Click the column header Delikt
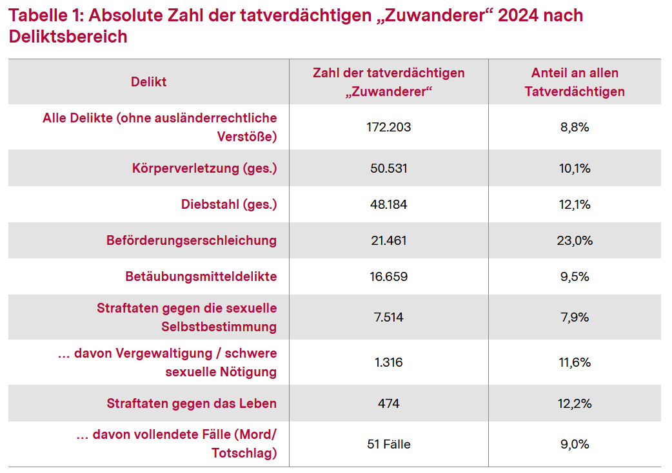tap(148, 82)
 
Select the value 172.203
tap(388, 127)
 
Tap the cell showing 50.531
tap(388, 168)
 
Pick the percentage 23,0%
tap(575, 240)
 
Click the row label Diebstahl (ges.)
tap(228, 204)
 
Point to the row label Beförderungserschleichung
tap(192, 240)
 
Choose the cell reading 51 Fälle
tap(388, 444)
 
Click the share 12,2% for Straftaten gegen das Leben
tap(575, 403)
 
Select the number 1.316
tap(388, 362)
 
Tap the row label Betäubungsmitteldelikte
tap(201, 276)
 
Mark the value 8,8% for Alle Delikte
tap(575, 127)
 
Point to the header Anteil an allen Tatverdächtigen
tap(575, 82)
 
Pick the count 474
tap(388, 403)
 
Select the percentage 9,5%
tap(575, 276)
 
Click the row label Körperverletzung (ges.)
tap(204, 168)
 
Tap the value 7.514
tap(388, 317)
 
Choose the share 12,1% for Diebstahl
tap(575, 204)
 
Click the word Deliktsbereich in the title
tap(68, 37)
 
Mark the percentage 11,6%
tap(575, 362)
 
